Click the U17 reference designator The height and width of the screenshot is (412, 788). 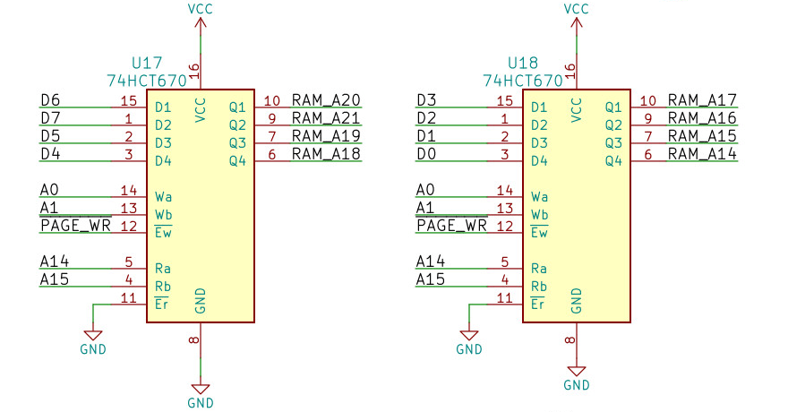tap(147, 64)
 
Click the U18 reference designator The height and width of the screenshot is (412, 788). tap(523, 64)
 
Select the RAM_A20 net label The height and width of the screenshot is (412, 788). tap(326, 100)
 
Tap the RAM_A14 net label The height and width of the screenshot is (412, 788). tap(702, 154)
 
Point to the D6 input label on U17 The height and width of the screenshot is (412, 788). tap(51, 100)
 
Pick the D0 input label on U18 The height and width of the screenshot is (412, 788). tap(427, 154)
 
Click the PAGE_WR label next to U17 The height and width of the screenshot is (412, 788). tap(75, 226)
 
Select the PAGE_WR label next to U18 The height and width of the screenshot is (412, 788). tap(451, 226)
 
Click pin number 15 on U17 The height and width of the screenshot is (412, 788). tap(128, 101)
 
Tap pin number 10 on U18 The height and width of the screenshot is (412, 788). tap(649, 101)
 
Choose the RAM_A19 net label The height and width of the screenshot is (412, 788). tap(326, 136)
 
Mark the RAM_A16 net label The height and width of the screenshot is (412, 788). tap(702, 118)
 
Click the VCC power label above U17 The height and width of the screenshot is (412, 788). tap(201, 9)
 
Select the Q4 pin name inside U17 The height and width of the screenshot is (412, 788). tap(236, 161)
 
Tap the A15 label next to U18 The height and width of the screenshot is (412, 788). tap(431, 279)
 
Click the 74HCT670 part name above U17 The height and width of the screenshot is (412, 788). tap(147, 81)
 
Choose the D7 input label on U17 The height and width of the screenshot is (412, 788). tap(51, 118)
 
